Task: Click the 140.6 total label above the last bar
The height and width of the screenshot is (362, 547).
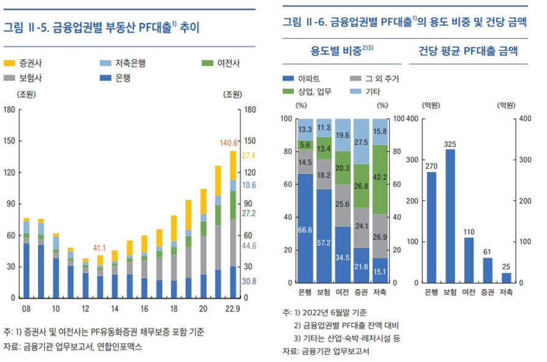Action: click(228, 143)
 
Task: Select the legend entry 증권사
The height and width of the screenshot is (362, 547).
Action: click(24, 63)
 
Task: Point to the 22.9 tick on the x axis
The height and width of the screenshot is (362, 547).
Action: click(232, 307)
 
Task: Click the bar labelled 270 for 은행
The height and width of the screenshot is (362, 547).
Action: click(432, 227)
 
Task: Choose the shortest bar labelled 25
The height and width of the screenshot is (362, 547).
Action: click(507, 277)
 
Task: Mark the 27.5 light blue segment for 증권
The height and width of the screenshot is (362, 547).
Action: click(361, 141)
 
